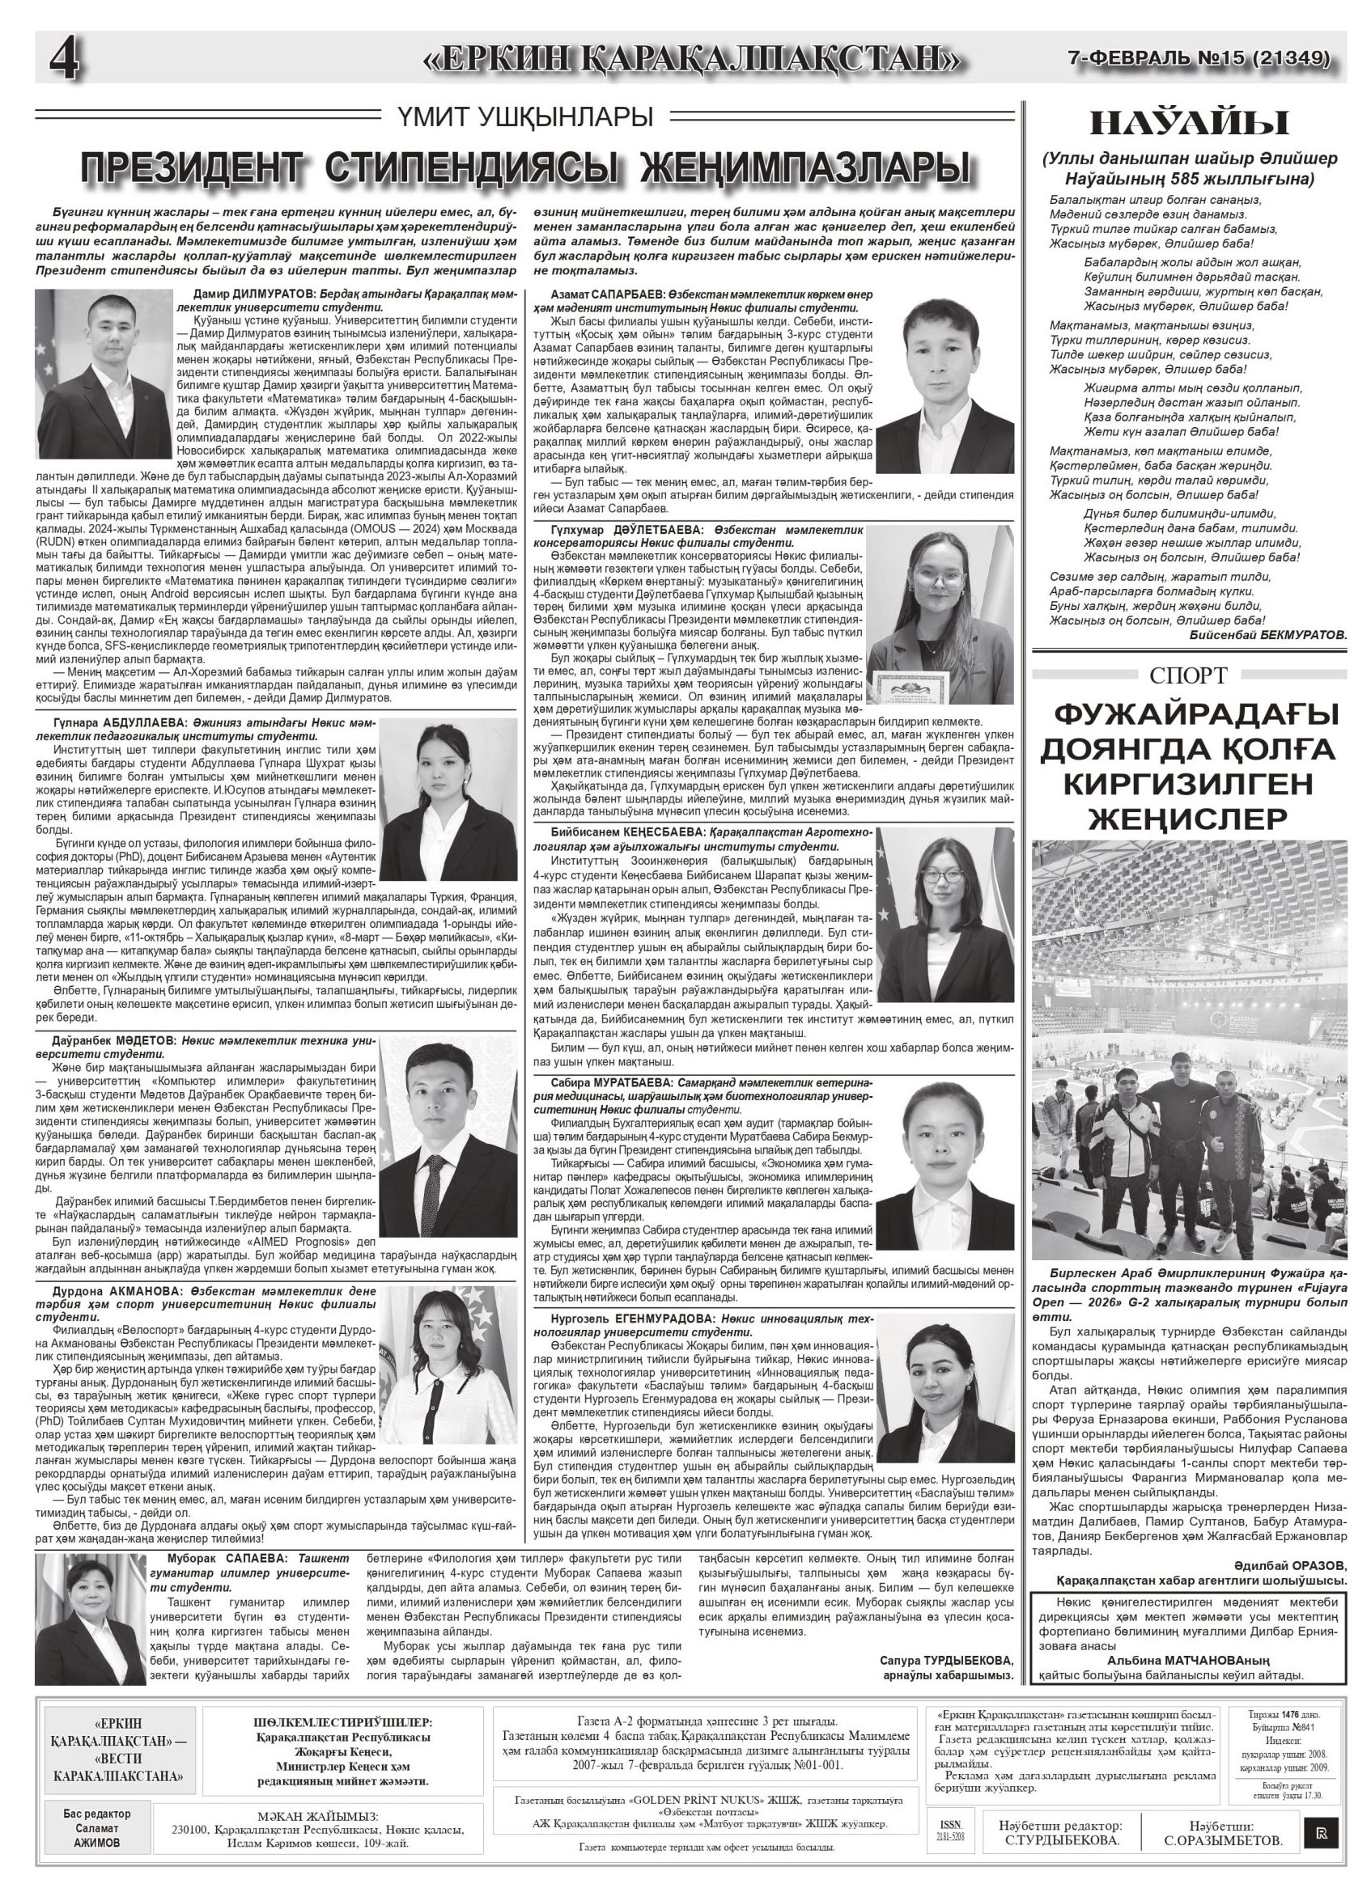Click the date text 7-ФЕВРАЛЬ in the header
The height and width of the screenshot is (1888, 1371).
[1121, 58]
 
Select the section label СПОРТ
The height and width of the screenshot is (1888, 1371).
[1188, 675]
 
